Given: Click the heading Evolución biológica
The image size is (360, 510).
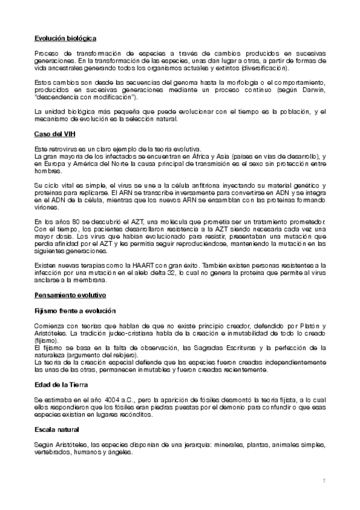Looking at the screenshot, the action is coord(66,38).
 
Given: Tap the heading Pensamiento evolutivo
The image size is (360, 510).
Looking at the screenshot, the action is coord(70,295).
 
